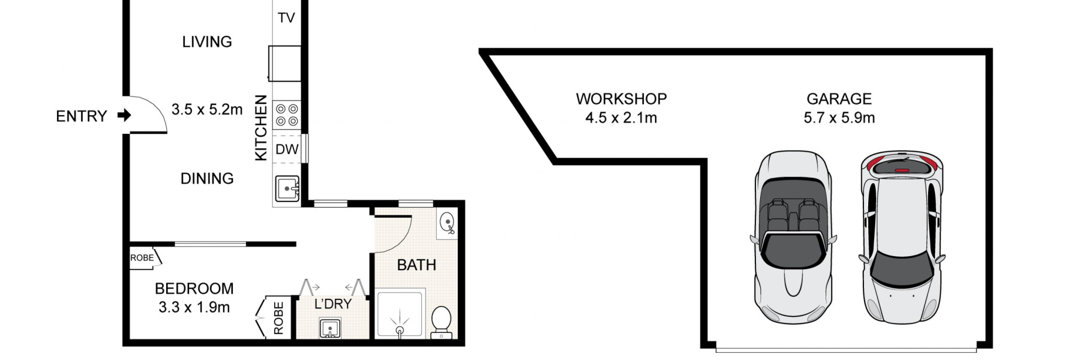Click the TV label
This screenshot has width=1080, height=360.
coord(286,18)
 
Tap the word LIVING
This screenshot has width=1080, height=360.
coord(207,42)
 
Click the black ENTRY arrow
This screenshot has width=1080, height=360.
coord(124,115)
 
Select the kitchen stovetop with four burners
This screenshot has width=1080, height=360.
coord(286,115)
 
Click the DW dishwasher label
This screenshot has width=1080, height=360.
coord(287,149)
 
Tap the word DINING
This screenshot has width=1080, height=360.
coord(207,178)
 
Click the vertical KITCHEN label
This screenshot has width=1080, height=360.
coord(261,128)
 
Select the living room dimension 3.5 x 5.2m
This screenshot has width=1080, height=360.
coord(207,109)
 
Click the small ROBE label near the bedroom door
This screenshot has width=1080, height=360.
coord(142,258)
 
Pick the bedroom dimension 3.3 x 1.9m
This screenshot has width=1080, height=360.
coord(194,307)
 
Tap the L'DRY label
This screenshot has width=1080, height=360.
coord(333,304)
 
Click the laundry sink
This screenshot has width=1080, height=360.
coord(329,329)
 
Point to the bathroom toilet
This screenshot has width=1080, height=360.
coord(441,321)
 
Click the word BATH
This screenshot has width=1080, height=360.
coord(416,265)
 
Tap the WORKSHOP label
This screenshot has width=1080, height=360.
coord(621,98)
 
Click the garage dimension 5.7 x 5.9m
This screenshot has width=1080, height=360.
coord(839,118)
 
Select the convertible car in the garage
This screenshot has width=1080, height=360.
coord(793,237)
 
